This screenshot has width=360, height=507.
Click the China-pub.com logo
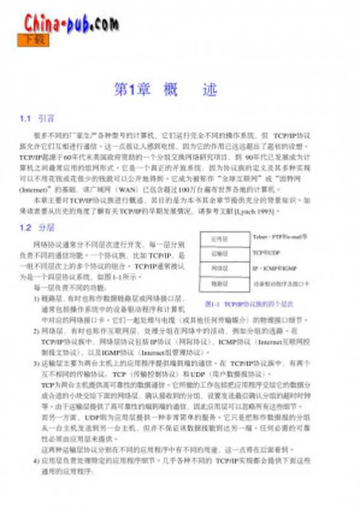(x=71, y=23)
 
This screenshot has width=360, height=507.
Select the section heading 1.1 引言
(x=38, y=119)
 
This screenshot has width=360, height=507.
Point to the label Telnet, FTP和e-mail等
(x=280, y=236)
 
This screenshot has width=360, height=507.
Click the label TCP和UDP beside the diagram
(x=265, y=252)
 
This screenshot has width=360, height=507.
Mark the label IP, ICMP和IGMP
(x=274, y=268)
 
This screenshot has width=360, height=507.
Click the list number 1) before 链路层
(x=36, y=297)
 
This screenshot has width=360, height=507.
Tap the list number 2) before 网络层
(x=36, y=330)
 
